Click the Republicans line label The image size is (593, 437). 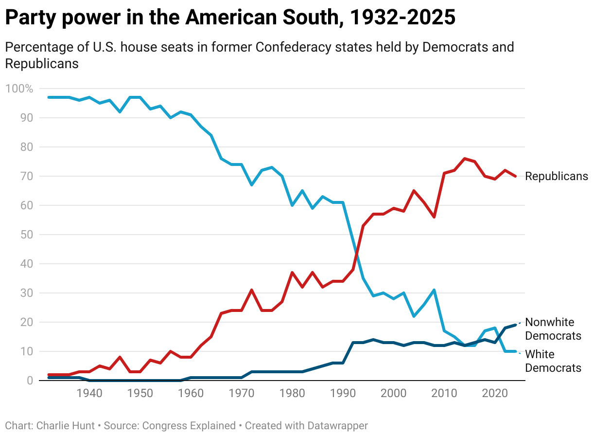click(557, 176)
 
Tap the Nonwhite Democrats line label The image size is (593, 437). click(553, 329)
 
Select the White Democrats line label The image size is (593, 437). click(553, 361)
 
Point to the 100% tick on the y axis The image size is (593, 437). click(19, 89)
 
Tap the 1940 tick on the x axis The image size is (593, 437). click(89, 393)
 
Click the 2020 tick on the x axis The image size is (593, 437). click(495, 393)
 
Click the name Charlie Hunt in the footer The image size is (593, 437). click(65, 425)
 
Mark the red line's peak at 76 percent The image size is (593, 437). click(465, 159)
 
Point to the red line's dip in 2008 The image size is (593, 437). click(434, 217)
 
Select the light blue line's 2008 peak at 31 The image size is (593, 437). click(434, 290)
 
